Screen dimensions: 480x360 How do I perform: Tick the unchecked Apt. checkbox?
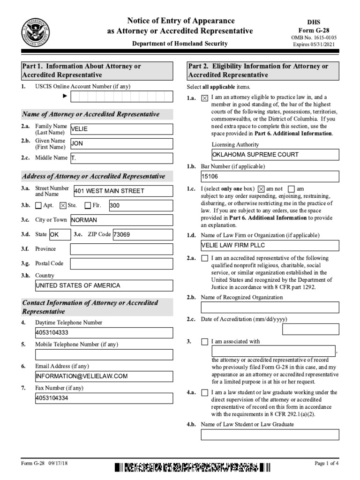pyautogui.click(x=38, y=205)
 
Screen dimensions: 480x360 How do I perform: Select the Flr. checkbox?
pyautogui.click(x=88, y=205)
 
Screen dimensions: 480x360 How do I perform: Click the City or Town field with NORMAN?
pyautogui.click(x=121, y=220)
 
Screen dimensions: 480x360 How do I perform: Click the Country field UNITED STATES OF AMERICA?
pyautogui.click(x=104, y=285)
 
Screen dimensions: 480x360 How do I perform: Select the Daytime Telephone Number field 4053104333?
pyautogui.click(x=104, y=333)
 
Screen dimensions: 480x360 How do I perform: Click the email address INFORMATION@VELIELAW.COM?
pyautogui.click(x=104, y=376)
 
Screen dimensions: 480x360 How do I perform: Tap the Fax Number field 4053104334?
pyautogui.click(x=104, y=398)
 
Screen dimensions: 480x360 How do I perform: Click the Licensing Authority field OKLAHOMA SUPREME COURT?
pyautogui.click(x=275, y=154)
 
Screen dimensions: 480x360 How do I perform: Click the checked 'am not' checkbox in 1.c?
pyautogui.click(x=262, y=188)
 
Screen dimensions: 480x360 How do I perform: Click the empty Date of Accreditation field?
pyautogui.click(x=311, y=330)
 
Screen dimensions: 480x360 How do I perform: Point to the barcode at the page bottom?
pyautogui.click(x=192, y=467)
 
